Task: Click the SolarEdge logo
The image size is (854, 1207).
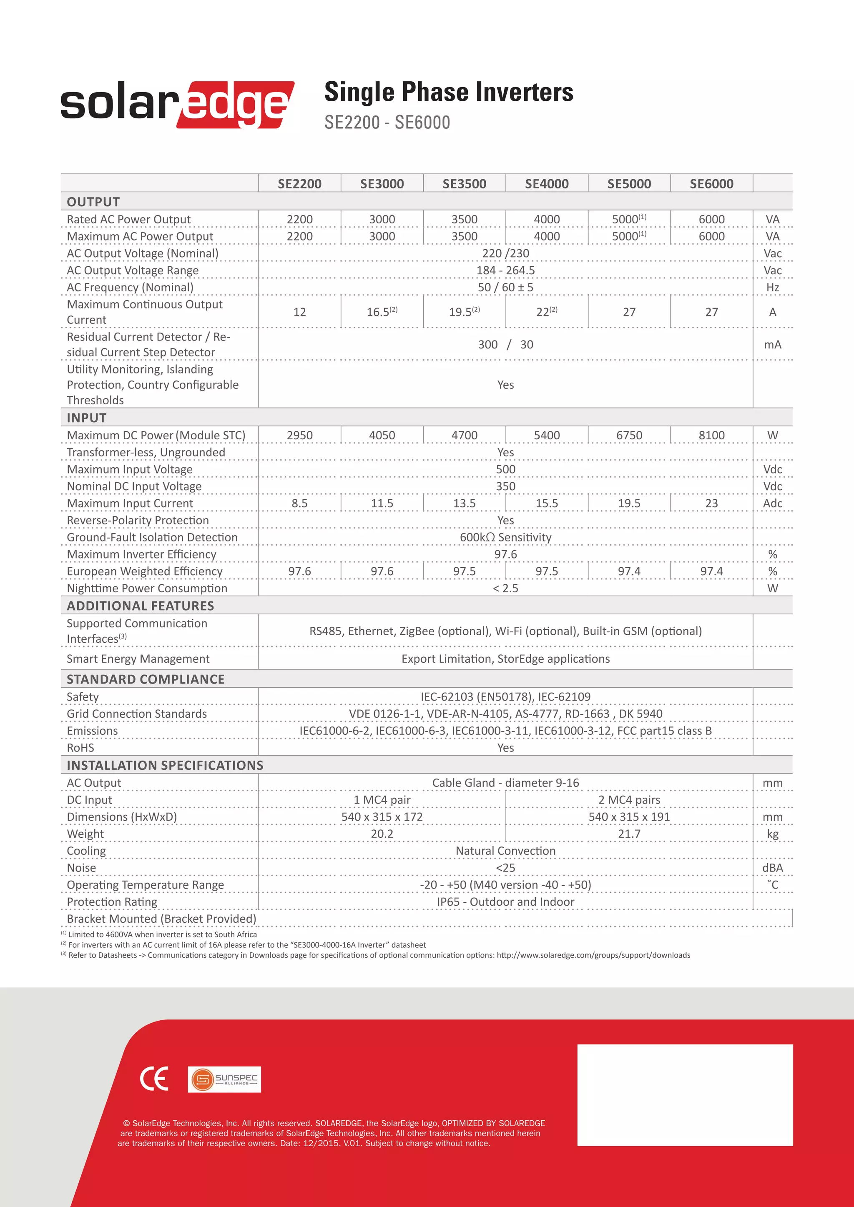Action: (177, 104)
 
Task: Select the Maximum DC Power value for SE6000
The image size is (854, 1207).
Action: (711, 435)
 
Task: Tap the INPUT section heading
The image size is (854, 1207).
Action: (86, 418)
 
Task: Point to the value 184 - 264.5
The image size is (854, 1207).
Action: (505, 270)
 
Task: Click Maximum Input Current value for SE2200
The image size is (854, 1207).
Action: (299, 503)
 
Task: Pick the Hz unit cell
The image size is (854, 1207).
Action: (772, 288)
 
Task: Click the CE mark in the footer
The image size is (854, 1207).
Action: (154, 1079)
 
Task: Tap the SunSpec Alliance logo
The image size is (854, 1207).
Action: (224, 1079)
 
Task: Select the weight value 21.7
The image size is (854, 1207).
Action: (629, 834)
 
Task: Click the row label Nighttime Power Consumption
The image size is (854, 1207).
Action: (147, 588)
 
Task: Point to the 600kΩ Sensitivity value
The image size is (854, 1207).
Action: (505, 537)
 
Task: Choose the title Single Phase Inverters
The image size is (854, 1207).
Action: (449, 92)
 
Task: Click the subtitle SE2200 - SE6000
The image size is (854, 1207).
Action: (387, 123)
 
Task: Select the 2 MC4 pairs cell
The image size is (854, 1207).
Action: (629, 799)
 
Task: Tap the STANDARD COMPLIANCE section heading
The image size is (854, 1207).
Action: (145, 679)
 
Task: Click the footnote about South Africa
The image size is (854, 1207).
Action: (162, 934)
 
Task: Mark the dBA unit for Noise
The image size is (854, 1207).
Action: (772, 868)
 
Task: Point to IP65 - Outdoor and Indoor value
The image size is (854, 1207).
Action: (505, 901)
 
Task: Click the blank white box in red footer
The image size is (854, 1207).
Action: (685, 1095)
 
